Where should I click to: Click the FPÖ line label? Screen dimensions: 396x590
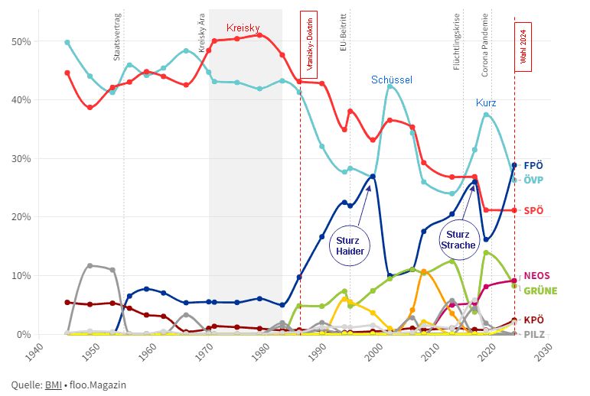pyautogui.click(x=534, y=165)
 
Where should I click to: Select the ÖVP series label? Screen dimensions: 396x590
pyautogui.click(x=534, y=180)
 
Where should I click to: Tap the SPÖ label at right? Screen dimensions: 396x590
pyautogui.click(x=534, y=210)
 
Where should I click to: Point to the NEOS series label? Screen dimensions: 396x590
pyautogui.click(x=536, y=276)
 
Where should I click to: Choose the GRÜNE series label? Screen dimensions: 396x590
pyautogui.click(x=540, y=291)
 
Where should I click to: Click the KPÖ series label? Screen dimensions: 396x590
pyautogui.click(x=534, y=320)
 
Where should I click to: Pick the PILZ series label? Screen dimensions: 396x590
pyautogui.click(x=535, y=335)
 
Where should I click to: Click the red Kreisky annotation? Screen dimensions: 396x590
pyautogui.click(x=244, y=28)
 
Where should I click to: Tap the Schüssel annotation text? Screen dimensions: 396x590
pyautogui.click(x=392, y=80)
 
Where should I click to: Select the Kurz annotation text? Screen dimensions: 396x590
pyautogui.click(x=486, y=102)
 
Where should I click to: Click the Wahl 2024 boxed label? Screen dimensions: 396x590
pyautogui.click(x=523, y=47)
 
